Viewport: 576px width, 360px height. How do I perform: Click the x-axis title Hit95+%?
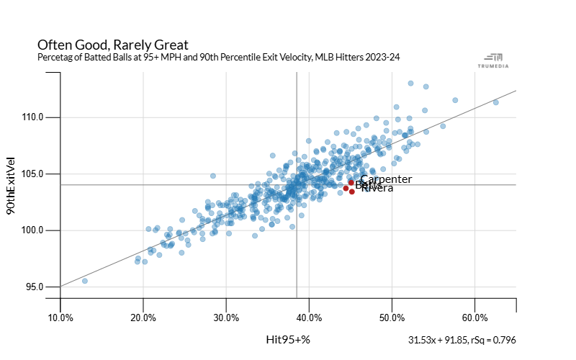[x=288, y=339]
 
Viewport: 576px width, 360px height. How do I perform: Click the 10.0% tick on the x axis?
[x=60, y=317]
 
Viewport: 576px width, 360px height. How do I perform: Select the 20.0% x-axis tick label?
[x=143, y=317]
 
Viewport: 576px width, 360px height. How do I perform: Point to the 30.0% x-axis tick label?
[x=227, y=317]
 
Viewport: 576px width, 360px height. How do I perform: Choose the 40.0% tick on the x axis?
[x=310, y=317]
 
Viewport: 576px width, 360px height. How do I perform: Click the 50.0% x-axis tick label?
[x=392, y=317]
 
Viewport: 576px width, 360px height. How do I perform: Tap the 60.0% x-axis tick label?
[x=475, y=317]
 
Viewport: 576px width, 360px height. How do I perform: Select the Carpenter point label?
[x=386, y=179]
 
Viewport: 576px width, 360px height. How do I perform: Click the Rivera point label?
[x=377, y=188]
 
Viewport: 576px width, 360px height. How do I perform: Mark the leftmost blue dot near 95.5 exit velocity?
[x=84, y=281]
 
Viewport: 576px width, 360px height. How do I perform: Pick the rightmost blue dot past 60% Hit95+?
[x=496, y=102]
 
